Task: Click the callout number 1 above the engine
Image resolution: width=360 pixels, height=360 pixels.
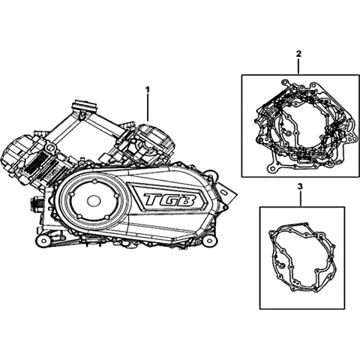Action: coord(148,89)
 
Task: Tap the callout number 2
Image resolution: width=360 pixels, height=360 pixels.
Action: coord(298,53)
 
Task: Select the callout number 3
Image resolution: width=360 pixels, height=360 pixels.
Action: coord(301,186)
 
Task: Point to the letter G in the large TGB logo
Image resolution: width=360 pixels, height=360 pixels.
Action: coord(169,199)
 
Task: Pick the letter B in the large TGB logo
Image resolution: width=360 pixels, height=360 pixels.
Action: coord(185,199)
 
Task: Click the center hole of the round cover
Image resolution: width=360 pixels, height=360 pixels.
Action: coord(94,199)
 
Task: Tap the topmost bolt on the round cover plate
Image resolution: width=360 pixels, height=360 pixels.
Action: coord(94,181)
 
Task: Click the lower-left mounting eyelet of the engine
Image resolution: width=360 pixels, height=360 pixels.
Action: coord(44,241)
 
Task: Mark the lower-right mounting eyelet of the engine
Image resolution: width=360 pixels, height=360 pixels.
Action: coord(209,241)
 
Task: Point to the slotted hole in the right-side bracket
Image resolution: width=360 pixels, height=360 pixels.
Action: coord(224,193)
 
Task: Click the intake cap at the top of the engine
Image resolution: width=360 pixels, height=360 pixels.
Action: coord(85,106)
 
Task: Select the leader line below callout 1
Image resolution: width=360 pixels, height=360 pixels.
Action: coord(148,107)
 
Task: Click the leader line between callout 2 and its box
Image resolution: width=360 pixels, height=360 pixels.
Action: coord(298,66)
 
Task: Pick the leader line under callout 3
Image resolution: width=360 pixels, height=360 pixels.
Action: coord(301,198)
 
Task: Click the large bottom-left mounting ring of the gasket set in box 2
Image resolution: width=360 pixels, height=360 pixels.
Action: coord(271,169)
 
